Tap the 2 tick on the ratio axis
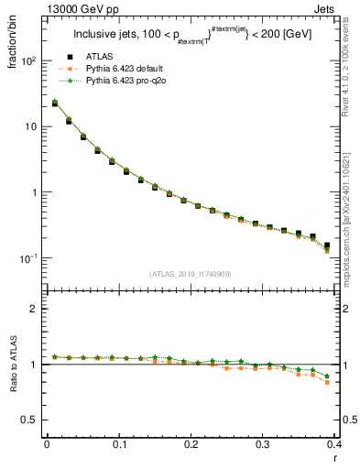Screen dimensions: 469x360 click(34, 309)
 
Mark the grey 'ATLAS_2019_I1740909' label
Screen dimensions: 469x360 click(191, 274)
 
